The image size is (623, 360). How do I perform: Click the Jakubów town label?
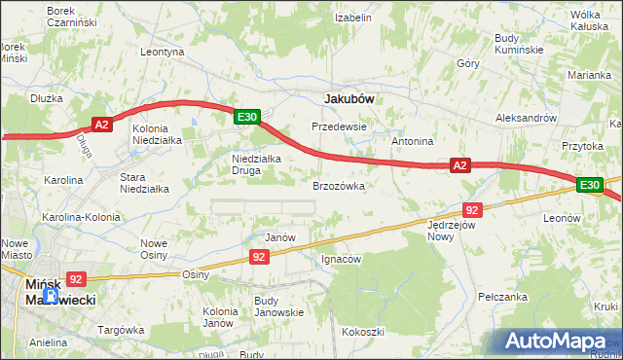(x=349, y=98)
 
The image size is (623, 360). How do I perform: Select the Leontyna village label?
(x=163, y=52)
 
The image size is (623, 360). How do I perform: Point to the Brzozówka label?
(x=338, y=185)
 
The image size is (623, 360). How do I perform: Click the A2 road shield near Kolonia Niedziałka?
(x=104, y=124)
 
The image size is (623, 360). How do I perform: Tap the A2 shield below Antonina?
(x=461, y=166)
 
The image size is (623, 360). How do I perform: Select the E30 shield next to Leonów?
(x=588, y=184)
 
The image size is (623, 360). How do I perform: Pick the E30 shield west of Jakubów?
(x=247, y=117)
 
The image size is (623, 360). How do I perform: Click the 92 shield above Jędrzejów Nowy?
(x=472, y=209)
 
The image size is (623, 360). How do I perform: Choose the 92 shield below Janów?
(x=258, y=257)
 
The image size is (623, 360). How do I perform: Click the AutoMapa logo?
(x=556, y=341)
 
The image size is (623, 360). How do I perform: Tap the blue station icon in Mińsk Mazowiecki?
(x=53, y=295)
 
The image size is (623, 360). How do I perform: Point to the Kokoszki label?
(x=362, y=332)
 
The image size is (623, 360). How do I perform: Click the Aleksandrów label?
(x=526, y=117)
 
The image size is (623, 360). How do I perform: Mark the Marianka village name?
(x=590, y=74)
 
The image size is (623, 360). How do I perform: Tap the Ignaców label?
(x=342, y=260)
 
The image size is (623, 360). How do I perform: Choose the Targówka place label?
(x=121, y=331)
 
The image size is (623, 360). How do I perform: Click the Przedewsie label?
(x=339, y=126)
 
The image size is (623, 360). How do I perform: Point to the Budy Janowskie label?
(x=278, y=306)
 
